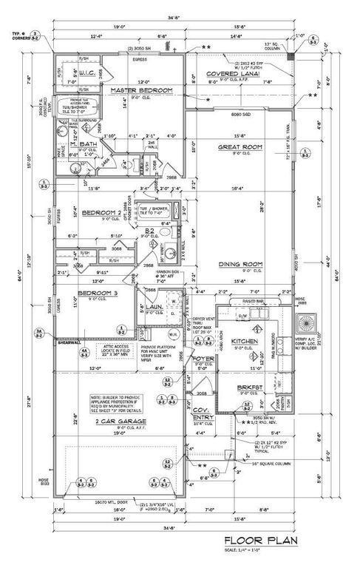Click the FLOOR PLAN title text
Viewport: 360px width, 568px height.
point(261,541)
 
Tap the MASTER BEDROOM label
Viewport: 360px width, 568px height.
point(142,90)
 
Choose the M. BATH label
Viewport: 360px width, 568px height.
point(84,144)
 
